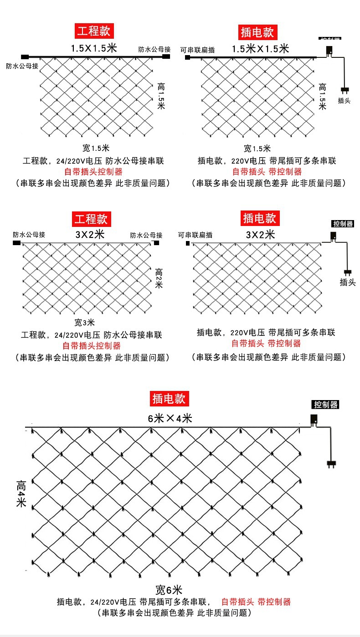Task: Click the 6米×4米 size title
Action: (170, 418)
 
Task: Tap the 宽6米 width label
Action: (169, 590)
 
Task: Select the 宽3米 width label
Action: (85, 323)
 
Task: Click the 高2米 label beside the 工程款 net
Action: (159, 277)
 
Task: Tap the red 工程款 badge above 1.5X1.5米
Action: (93, 31)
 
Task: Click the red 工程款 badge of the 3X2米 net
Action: (91, 219)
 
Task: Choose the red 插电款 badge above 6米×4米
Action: (169, 399)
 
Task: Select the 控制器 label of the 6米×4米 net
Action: (326, 404)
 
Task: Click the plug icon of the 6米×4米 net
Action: (333, 464)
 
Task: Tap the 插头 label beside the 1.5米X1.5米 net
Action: (344, 101)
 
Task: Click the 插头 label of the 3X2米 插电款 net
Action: (347, 283)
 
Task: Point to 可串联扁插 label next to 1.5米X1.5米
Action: (197, 50)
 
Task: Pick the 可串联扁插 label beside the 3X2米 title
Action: (195, 235)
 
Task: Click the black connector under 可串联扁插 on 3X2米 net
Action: (187, 244)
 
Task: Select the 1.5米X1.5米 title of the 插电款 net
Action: (260, 49)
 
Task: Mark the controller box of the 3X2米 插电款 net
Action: (333, 236)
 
